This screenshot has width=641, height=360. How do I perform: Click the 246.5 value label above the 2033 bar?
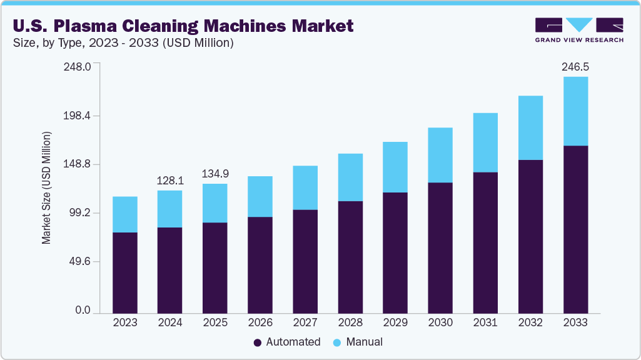(x=575, y=66)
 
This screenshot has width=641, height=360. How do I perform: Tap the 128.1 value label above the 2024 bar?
(x=170, y=181)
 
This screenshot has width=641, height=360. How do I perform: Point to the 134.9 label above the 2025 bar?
(x=215, y=173)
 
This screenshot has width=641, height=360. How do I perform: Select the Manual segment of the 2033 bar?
(x=575, y=111)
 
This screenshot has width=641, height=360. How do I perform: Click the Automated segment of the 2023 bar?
(x=125, y=272)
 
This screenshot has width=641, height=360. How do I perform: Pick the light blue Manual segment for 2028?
(x=350, y=177)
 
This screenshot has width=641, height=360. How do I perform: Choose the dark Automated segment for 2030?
(x=440, y=247)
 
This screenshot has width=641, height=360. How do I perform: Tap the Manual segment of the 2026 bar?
(x=260, y=196)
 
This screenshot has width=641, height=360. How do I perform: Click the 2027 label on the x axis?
(x=305, y=323)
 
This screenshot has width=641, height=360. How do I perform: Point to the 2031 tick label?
(x=485, y=323)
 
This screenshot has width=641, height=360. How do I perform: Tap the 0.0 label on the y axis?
(x=84, y=311)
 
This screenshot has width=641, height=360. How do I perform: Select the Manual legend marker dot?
(x=338, y=342)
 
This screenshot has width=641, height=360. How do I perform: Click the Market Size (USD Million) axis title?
(x=46, y=188)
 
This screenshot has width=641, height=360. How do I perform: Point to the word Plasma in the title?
(x=88, y=26)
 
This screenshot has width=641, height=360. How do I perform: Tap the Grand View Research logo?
(x=579, y=29)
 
